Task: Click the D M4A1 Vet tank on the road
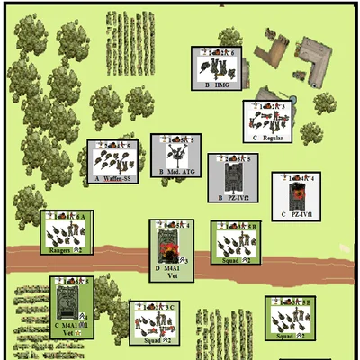click(170, 249)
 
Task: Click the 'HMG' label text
click(223, 85)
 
